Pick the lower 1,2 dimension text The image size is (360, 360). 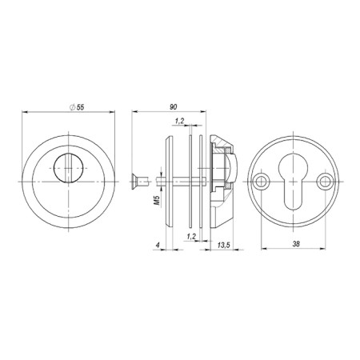coord(190,238)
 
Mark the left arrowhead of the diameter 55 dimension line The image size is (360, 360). coord(23,114)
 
